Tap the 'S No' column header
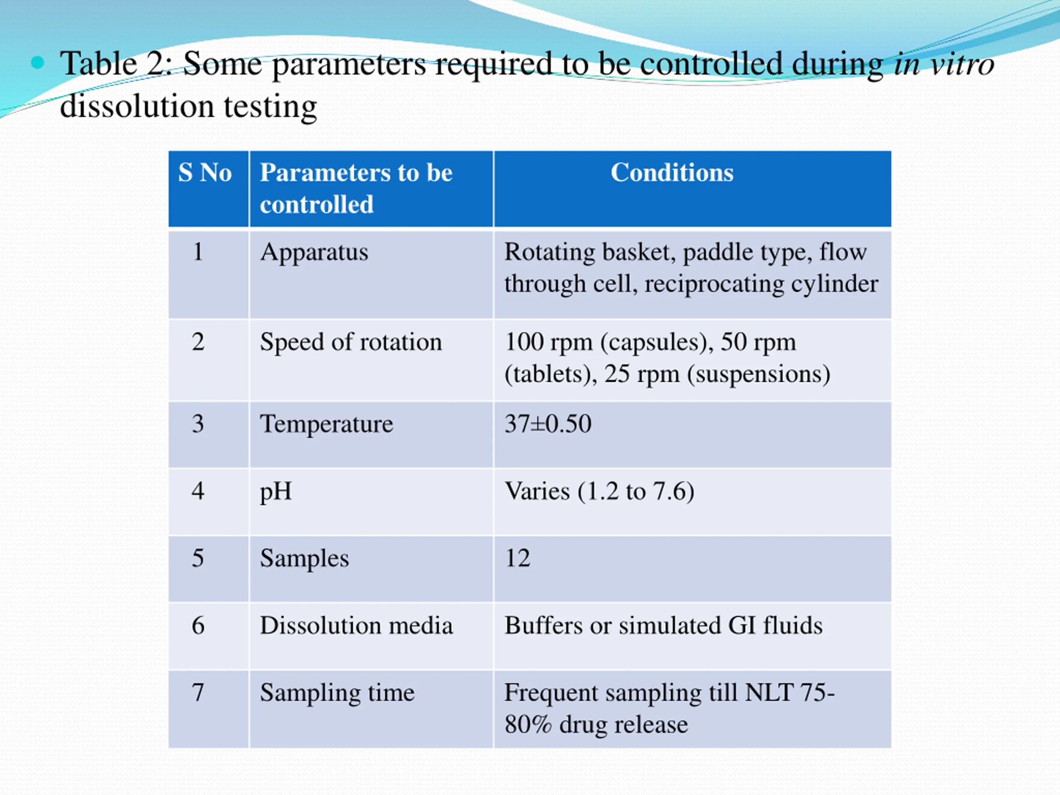[x=205, y=173]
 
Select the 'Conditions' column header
[x=672, y=173]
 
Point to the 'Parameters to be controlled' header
[x=356, y=188]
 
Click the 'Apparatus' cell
[x=314, y=252]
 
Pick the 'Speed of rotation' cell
[x=351, y=342]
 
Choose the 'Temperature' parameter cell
[x=326, y=424]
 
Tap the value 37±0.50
[x=548, y=424]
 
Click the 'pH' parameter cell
[x=275, y=491]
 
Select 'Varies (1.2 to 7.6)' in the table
[x=599, y=491]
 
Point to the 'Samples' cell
[x=304, y=558]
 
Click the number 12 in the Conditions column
[x=518, y=558]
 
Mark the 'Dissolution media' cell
[x=356, y=625]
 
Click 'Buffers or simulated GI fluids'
[x=663, y=625]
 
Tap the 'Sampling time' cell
[x=337, y=693]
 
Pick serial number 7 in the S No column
[x=198, y=693]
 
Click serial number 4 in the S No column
[x=198, y=491]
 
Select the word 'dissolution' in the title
[x=137, y=106]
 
